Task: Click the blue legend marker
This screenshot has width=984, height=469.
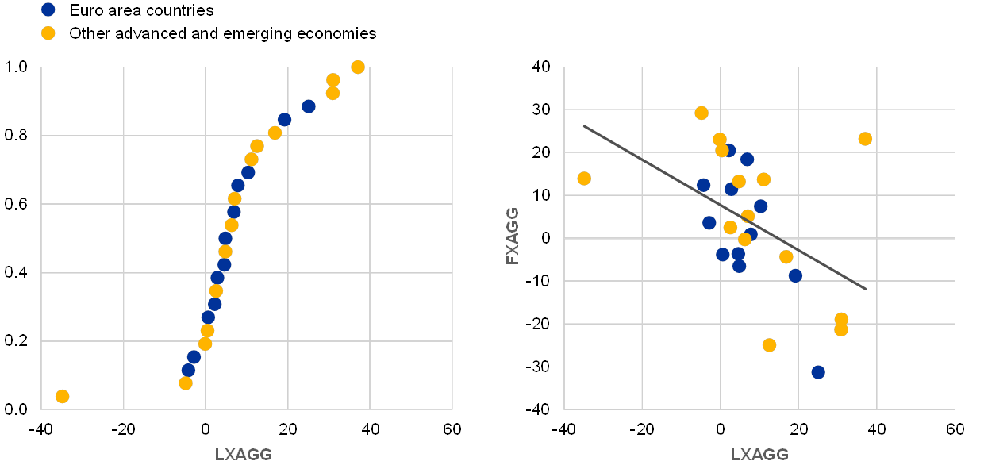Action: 48,10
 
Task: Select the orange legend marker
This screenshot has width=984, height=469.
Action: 48,33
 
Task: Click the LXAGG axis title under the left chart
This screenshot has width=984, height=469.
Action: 244,455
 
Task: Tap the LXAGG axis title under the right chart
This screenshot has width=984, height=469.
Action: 759,455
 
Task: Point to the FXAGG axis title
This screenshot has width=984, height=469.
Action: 513,236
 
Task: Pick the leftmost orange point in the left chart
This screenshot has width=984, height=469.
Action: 62,396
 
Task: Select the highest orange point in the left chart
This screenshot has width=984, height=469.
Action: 358,67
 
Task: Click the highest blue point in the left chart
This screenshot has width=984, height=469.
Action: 309,106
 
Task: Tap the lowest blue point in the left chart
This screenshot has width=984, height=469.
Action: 188,370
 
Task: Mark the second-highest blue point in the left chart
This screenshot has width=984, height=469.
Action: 284,120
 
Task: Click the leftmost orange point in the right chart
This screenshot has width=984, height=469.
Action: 584,179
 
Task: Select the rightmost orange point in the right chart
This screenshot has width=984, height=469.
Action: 865,139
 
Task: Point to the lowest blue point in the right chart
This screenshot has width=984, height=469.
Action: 818,372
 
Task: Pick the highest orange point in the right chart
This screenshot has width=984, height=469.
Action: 701,113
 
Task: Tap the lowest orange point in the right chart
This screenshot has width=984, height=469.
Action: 769,345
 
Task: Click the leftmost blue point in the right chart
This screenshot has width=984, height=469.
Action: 703,186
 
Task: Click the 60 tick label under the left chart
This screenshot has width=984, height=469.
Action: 452,429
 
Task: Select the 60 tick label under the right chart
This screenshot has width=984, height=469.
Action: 955,429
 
